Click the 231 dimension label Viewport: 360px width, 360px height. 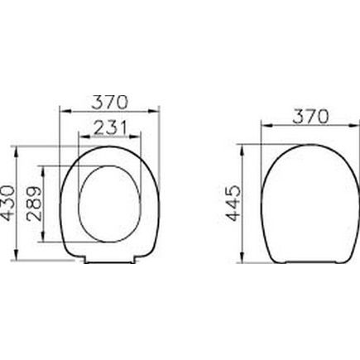tap(110, 127)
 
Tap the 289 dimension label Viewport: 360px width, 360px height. tap(34, 204)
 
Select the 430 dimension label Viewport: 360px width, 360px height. tap(8, 204)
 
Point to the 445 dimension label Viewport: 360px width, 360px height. tap(233, 204)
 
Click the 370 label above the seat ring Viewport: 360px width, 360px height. tap(109, 102)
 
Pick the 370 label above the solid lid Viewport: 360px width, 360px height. tap(310, 116)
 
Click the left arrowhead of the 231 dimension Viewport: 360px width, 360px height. tap(83, 137)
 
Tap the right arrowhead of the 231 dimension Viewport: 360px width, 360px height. tap(137, 137)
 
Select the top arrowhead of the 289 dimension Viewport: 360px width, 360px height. tap(43, 170)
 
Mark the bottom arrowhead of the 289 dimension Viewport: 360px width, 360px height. tap(43, 238)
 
